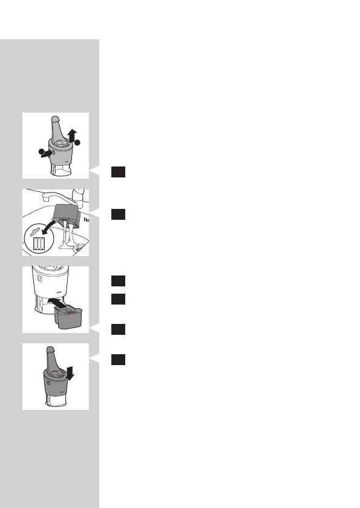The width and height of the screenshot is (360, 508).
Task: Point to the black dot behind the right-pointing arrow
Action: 39,151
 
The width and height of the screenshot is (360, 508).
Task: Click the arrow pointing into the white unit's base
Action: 54,301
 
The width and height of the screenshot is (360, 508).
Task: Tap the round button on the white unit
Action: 38,280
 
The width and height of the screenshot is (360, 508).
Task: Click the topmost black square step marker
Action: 118,173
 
